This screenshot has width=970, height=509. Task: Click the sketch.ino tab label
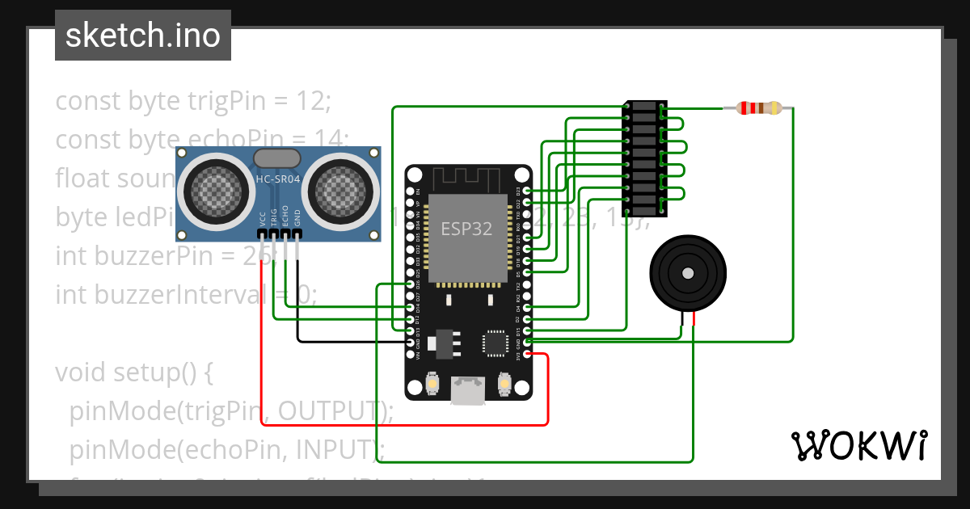(142, 36)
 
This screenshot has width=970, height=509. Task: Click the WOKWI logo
(858, 445)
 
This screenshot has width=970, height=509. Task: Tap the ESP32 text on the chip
(466, 229)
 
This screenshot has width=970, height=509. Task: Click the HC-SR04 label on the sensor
(278, 179)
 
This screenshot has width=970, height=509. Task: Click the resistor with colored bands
(759, 107)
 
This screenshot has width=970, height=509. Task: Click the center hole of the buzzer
(688, 273)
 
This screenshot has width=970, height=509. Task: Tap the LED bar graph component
(645, 159)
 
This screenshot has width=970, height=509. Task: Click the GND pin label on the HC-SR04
(297, 218)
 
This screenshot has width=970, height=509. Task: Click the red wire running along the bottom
(404, 424)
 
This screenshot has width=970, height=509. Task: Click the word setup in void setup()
(152, 373)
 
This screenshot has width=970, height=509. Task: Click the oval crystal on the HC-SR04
(277, 157)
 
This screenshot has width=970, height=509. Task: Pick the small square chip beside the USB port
(496, 343)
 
